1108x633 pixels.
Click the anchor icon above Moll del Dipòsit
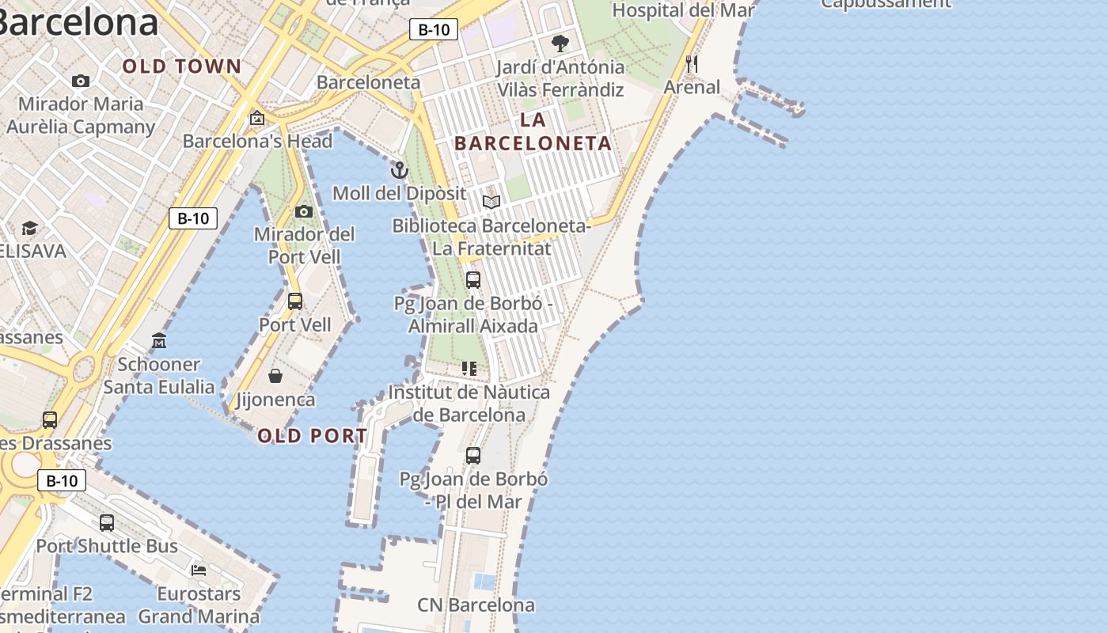coord(400,170)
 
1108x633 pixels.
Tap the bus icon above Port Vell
coord(295,301)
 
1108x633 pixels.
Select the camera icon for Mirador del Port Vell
coord(303,211)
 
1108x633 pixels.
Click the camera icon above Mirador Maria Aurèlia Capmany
coord(80,81)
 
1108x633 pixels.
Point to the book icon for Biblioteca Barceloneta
coord(491,202)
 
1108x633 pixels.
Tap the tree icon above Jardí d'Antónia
coord(560,43)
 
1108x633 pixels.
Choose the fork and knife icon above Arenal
coord(692,63)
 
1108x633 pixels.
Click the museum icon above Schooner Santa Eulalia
coord(159,341)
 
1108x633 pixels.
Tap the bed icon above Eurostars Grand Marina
coord(199,570)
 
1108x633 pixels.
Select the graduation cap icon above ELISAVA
coord(29,228)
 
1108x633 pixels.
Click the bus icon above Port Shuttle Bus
coord(107,522)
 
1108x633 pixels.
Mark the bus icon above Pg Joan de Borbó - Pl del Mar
coord(472,456)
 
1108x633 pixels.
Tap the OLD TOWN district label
coord(181,66)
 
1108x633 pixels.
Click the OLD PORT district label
coord(313,436)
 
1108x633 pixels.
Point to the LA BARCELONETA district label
coord(533,131)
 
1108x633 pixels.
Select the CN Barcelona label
coord(476,605)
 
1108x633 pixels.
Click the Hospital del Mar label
coord(683,10)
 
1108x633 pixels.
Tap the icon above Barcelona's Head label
coord(257,118)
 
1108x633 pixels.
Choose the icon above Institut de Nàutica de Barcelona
coord(469,369)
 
